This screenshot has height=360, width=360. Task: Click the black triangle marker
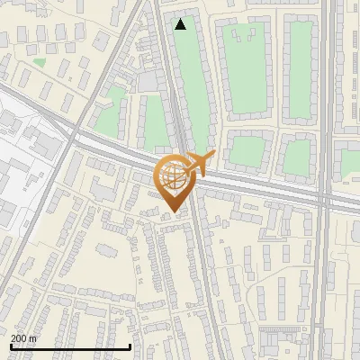coord(181,24)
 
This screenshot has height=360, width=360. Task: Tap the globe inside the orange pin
coord(175,178)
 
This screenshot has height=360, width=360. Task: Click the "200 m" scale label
coord(24,338)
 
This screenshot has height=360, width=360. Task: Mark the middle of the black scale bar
coord(70,346)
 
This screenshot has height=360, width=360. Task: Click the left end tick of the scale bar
coord(11,346)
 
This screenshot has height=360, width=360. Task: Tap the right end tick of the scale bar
coord(130,346)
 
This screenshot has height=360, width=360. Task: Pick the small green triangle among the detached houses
coord(39,63)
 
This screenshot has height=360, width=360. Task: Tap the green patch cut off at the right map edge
coord(350,163)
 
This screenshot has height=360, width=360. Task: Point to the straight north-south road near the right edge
coord(325,270)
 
